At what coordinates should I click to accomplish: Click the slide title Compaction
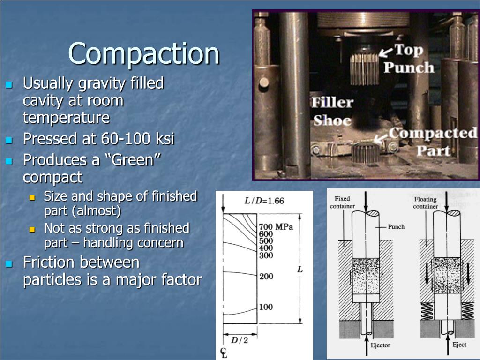[x=144, y=54]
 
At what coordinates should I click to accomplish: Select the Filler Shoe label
[x=332, y=112]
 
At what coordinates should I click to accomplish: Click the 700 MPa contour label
[x=276, y=227]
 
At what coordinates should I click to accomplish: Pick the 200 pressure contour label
[x=266, y=276]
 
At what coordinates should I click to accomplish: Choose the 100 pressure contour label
[x=266, y=307]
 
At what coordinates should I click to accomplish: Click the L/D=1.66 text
[x=264, y=201]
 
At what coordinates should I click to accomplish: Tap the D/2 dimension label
[x=239, y=340]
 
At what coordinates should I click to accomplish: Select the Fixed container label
[x=342, y=202]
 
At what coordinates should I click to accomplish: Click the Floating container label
[x=425, y=202]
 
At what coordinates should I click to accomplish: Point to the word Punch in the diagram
[x=397, y=226]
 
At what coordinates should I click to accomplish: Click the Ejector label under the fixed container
[x=381, y=345]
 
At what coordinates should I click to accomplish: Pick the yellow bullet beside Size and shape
[x=32, y=198]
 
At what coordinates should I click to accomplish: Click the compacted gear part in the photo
[x=364, y=152]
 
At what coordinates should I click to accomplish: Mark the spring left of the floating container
[x=427, y=310]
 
